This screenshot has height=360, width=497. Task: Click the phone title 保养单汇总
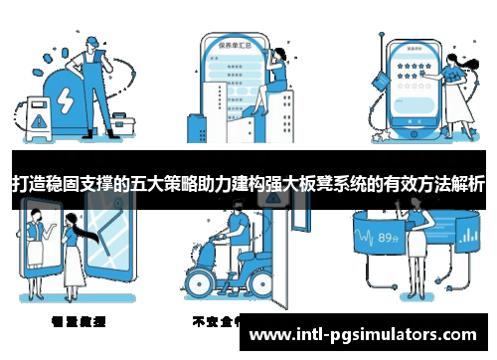233,43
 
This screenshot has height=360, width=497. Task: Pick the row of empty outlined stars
411,87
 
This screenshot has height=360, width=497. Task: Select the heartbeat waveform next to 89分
364,239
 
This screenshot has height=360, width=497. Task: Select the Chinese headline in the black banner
248,184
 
